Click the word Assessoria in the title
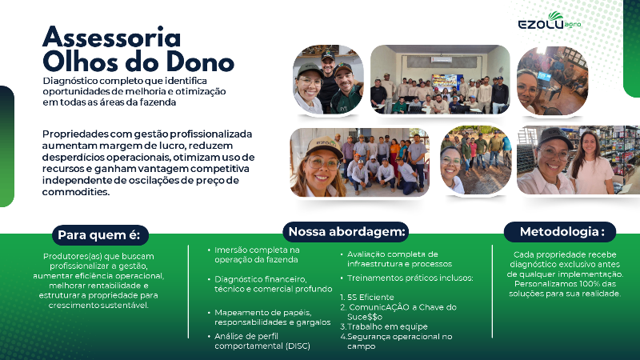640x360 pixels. (x=111, y=37)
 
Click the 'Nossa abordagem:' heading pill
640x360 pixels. (x=347, y=232)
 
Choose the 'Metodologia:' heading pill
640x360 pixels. (x=559, y=232)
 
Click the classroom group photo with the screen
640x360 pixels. (x=440, y=80)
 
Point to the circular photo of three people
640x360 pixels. (x=329, y=80)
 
